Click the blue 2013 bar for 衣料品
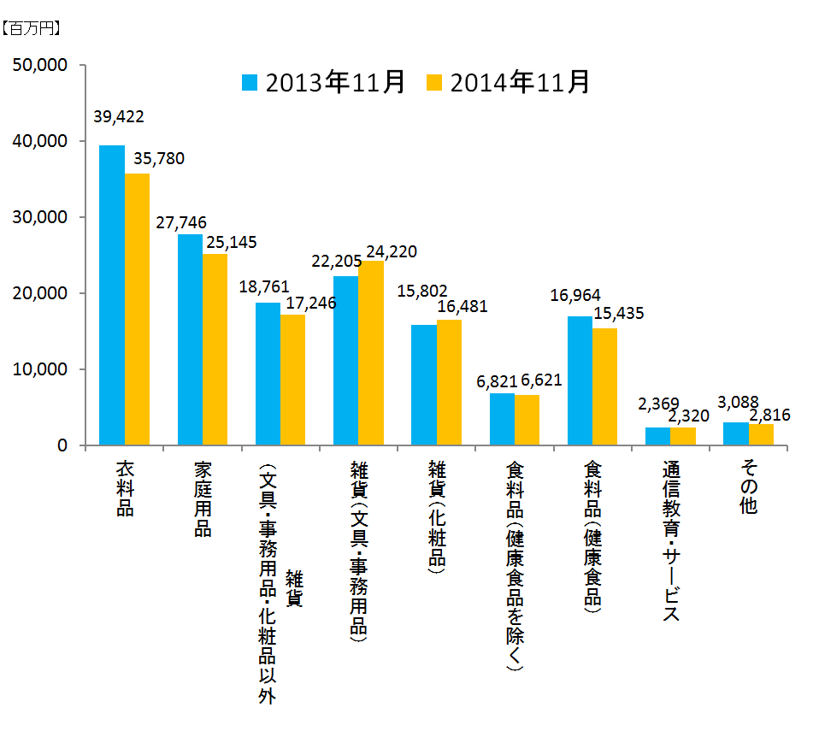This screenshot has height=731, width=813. click(112, 295)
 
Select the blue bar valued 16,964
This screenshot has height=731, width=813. click(580, 380)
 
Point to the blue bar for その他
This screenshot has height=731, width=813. click(735, 433)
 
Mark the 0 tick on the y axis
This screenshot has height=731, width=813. click(64, 445)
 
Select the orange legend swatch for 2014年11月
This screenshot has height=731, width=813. click(434, 82)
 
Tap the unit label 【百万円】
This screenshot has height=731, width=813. click(31, 29)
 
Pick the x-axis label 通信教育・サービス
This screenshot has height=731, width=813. click(670, 542)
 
